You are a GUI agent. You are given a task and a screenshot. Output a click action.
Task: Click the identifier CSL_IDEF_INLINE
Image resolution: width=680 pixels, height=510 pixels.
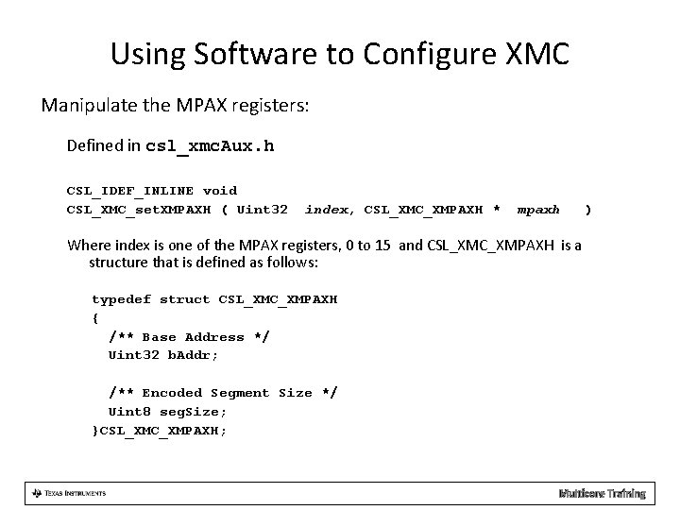point(129,191)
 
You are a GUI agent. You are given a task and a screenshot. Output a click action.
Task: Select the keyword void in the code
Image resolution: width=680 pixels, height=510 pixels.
point(220,191)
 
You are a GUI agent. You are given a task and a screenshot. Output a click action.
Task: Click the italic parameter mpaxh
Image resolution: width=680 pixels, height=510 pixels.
point(538,209)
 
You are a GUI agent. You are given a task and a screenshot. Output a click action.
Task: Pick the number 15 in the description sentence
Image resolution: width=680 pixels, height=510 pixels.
point(383,246)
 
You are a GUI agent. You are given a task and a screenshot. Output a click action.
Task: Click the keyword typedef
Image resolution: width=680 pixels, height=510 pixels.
point(121,299)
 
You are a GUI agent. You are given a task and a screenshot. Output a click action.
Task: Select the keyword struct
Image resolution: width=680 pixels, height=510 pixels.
point(184,299)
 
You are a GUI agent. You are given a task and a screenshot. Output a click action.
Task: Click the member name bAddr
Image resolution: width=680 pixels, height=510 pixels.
point(193,355)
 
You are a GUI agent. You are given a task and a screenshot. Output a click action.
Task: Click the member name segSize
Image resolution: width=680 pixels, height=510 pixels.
point(193,412)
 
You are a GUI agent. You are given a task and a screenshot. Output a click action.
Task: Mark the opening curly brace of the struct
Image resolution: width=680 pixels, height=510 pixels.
point(94,318)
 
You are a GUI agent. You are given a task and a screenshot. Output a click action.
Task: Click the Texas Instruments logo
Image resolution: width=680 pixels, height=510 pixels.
point(68,493)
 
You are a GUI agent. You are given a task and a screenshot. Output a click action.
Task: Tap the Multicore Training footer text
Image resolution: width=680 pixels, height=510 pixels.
point(602,493)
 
